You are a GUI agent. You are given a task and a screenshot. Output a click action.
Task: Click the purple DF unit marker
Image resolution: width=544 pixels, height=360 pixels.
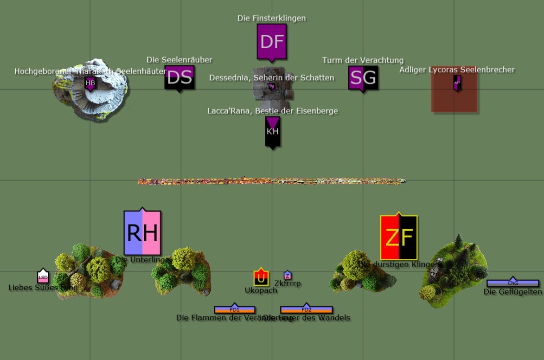(x=272, y=42)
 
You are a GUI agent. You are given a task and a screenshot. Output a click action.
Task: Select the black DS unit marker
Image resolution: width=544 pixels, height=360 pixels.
(x=179, y=78)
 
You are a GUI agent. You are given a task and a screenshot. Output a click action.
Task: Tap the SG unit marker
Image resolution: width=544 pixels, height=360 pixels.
(x=363, y=78)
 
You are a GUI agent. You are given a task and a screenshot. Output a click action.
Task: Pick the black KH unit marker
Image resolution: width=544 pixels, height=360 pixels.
(x=273, y=132)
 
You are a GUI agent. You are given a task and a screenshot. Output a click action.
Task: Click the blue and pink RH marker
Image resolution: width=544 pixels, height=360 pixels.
(x=142, y=232)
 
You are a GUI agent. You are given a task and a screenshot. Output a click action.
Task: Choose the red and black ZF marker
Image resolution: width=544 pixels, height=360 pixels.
(x=399, y=237)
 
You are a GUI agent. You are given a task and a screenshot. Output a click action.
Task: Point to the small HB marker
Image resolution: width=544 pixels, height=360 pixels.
(x=90, y=84)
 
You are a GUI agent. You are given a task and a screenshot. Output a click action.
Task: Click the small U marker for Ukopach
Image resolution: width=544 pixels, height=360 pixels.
(x=261, y=278)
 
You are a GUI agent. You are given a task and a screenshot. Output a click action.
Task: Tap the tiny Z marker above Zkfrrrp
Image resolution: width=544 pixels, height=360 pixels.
(x=288, y=276)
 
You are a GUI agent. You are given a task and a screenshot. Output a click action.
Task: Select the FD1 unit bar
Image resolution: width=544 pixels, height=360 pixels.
(x=235, y=309)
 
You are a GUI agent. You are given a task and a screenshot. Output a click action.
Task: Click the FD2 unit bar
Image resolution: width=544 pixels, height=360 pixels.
(x=306, y=309)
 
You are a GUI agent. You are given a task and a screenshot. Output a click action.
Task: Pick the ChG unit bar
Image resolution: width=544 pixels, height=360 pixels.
(x=512, y=283)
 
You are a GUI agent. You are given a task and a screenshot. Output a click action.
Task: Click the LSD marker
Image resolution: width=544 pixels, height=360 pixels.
(x=43, y=277)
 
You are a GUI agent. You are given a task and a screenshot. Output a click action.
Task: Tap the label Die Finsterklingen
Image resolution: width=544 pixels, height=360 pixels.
(x=271, y=18)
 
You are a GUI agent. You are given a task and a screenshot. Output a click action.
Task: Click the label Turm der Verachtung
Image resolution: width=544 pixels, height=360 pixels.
(x=363, y=60)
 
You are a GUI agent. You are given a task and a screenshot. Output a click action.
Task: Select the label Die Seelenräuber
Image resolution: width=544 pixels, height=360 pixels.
(x=179, y=59)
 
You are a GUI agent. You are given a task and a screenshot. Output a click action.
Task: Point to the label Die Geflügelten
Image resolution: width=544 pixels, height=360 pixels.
(x=512, y=292)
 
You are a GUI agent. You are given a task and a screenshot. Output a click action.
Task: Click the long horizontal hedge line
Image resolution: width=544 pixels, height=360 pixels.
(x=272, y=181)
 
